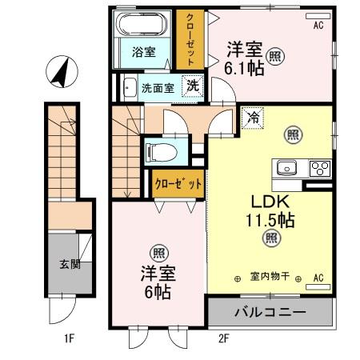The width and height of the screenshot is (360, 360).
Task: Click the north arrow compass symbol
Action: click(x=58, y=73)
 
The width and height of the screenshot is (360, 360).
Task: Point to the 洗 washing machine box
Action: click(x=193, y=86)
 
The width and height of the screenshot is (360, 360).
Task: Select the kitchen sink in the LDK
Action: click(x=287, y=169)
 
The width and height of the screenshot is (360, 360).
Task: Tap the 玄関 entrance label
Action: click(x=69, y=265)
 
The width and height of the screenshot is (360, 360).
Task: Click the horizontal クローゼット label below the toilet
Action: click(x=178, y=182)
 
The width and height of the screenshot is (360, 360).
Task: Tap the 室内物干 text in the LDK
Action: click(x=269, y=278)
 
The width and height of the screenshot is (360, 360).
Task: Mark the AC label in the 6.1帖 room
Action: click(x=318, y=26)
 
